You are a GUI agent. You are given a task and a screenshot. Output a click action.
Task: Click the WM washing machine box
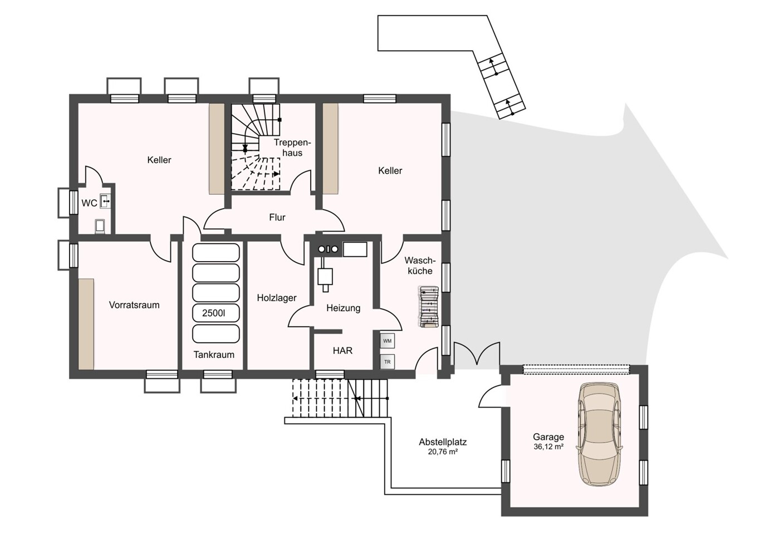[388, 341]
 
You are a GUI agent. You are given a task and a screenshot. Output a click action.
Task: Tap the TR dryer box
[388, 362]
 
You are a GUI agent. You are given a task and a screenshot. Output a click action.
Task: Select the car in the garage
[600, 434]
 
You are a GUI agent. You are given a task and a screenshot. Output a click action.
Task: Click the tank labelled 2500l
[216, 313]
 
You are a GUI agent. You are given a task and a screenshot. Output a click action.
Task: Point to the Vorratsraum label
[134, 305]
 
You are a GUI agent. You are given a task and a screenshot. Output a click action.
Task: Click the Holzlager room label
[277, 298]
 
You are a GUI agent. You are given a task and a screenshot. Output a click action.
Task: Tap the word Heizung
[343, 308]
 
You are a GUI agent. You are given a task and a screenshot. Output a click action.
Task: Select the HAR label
[342, 351]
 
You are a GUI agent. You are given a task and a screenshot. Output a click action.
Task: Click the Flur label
[277, 217]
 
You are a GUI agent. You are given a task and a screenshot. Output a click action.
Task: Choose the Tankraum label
[214, 355]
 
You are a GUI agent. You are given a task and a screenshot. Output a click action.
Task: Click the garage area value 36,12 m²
[548, 447]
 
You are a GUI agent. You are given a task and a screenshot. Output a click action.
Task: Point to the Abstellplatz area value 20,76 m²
[442, 452]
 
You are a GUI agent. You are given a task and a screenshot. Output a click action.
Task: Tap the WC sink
[105, 202]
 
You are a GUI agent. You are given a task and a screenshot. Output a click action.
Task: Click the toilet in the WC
[100, 226]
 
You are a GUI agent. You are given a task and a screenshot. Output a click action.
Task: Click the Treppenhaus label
[292, 148]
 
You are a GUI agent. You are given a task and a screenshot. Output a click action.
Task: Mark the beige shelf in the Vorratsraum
[86, 323]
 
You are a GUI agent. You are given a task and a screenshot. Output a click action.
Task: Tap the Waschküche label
[420, 266]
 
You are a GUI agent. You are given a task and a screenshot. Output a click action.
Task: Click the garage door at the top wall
[576, 370]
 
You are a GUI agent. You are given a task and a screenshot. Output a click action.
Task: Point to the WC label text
[90, 203]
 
